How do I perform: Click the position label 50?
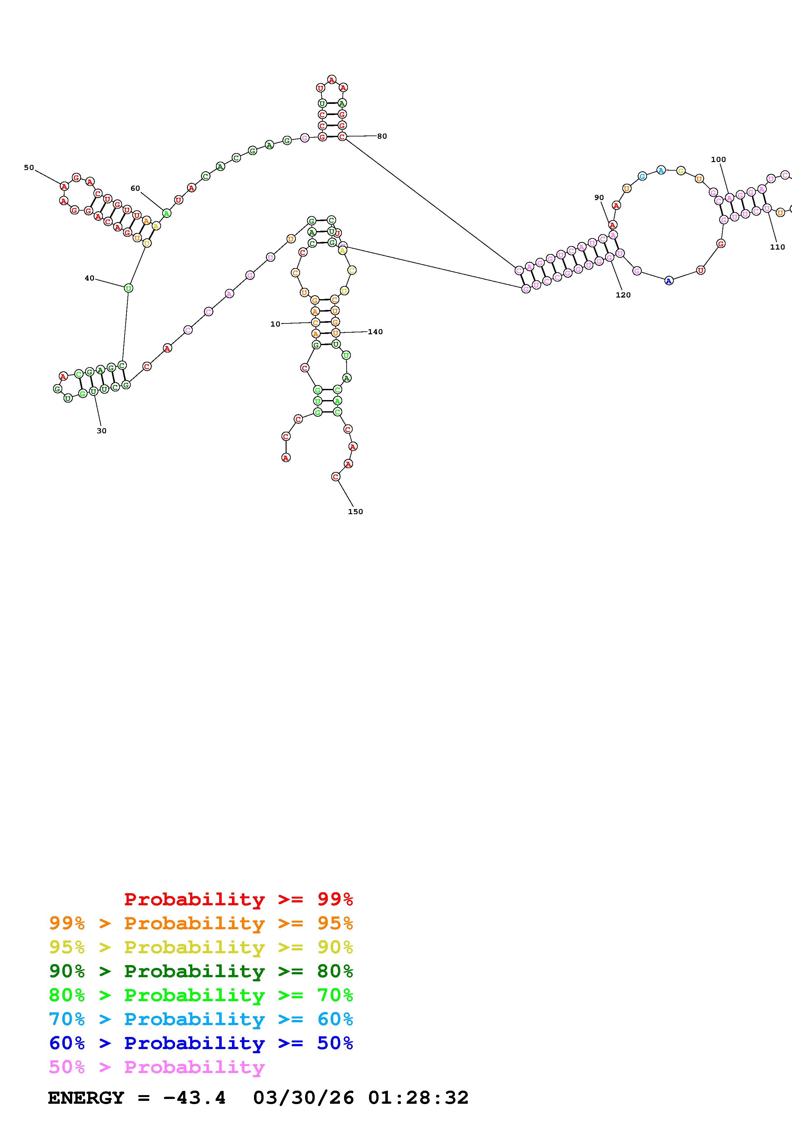point(29,167)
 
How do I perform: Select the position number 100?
point(718,159)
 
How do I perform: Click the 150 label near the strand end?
point(355,512)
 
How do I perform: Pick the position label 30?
point(102,431)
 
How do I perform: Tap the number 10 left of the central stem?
point(275,324)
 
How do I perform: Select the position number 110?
point(777,247)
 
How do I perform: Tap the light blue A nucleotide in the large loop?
point(661,170)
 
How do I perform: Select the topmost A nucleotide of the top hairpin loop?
point(332,79)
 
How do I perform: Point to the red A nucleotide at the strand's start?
point(286,458)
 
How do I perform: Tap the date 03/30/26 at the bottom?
point(303,1098)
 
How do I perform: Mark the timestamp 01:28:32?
point(418,1098)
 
